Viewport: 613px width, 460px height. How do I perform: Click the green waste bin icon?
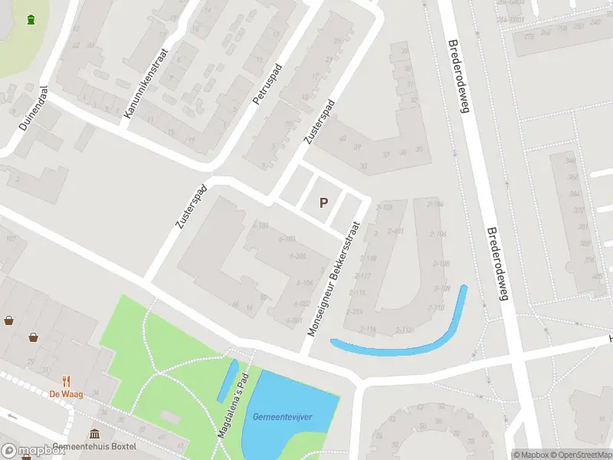[30, 19]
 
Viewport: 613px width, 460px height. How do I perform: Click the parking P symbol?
[323, 203]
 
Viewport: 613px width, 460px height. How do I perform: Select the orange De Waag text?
[66, 393]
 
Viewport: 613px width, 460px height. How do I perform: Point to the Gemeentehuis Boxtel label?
[99, 447]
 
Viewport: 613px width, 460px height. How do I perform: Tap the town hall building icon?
[94, 434]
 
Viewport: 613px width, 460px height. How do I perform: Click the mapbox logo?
[32, 451]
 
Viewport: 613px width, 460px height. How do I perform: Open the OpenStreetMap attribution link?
[581, 454]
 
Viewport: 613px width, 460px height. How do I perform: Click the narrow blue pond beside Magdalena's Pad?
[227, 382]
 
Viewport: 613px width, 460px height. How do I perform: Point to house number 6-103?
[287, 239]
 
